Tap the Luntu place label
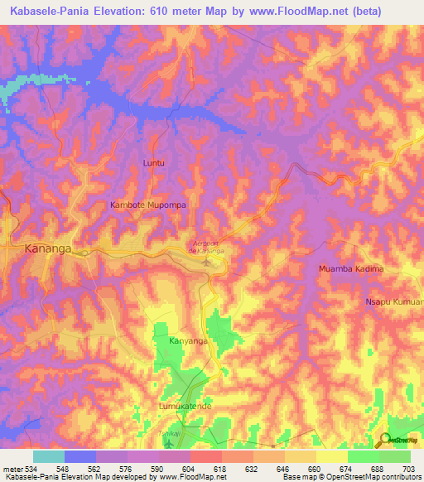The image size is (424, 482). click(154, 163)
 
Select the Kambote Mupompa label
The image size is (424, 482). click(148, 204)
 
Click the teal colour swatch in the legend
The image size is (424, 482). click(49, 456)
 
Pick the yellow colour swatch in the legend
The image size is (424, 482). click(332, 456)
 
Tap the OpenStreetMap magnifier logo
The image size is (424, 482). click(386, 441)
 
